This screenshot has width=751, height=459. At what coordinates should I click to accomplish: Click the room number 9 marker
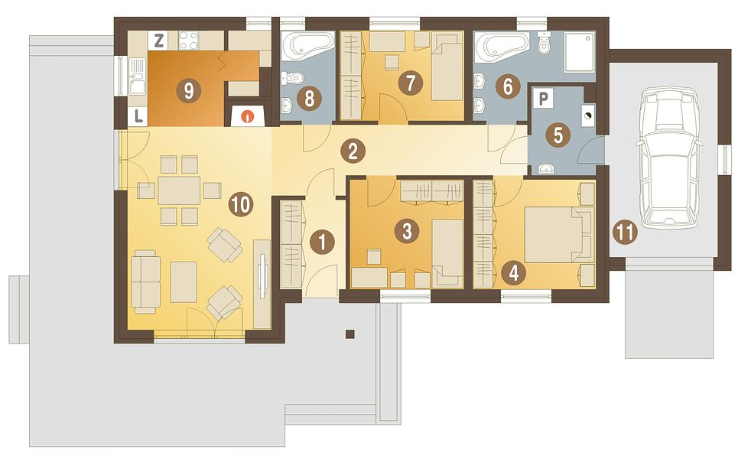[x=188, y=90]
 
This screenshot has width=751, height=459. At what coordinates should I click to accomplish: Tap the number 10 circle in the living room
[x=240, y=204]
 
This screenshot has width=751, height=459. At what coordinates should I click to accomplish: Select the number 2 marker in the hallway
[x=353, y=151]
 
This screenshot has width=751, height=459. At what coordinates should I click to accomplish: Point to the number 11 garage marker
[x=625, y=233]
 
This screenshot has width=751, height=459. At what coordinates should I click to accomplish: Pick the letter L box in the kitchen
[x=138, y=117]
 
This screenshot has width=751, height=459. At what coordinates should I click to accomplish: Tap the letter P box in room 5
[x=543, y=99]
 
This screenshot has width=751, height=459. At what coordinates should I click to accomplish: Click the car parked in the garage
[x=669, y=158]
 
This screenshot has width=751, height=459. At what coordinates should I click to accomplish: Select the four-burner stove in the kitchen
[x=188, y=41]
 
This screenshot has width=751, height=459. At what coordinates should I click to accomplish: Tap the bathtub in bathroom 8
[x=307, y=46]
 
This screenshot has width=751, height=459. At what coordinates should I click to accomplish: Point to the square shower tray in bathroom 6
[x=580, y=52]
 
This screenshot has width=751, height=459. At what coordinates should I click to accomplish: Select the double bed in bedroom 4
[x=559, y=234]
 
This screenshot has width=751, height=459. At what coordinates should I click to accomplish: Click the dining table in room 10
[x=180, y=190]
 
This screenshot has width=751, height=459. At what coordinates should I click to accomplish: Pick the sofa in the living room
[x=145, y=282]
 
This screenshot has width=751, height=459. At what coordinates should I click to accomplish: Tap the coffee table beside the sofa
[x=184, y=282]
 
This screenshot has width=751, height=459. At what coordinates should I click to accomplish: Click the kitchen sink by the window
[x=137, y=76]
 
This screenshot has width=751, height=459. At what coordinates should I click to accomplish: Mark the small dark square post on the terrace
[x=350, y=334]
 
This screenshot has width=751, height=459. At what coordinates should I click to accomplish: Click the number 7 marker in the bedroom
[x=410, y=83]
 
